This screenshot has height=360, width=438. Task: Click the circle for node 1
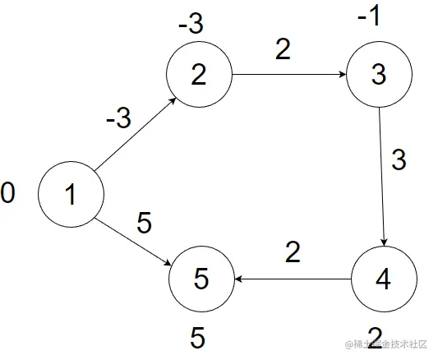pos(71,195)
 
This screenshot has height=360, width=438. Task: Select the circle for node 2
pos(199,75)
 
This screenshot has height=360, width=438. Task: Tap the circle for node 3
pos(378,75)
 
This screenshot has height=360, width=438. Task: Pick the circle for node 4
pos(383,279)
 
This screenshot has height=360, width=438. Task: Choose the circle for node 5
pos(201,279)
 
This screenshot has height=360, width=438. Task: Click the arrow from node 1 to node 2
pos(135,135)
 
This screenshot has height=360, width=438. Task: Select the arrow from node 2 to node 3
pos(288,75)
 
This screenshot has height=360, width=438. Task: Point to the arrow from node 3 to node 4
pos(380,177)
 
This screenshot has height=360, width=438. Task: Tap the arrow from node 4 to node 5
pos(293,279)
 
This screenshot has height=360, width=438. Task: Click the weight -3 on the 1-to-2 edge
pos(118,119)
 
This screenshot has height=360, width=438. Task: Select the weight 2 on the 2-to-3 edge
pos(283,51)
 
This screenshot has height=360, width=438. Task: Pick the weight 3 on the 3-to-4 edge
pos(399,159)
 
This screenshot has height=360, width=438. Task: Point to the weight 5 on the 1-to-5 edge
pos(144,224)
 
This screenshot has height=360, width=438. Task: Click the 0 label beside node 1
pos(8,194)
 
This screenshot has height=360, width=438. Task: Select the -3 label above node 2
pos(191,24)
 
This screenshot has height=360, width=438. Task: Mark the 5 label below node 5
pos(197,337)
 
